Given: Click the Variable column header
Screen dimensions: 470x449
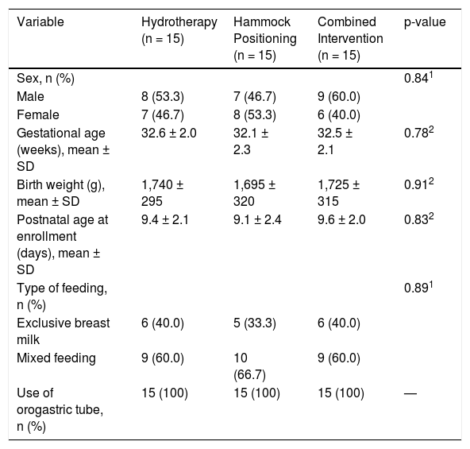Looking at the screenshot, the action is point(40,22).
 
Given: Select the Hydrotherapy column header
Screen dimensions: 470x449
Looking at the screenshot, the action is point(179,30).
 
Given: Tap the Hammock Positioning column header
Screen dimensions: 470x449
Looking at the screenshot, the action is point(265,38).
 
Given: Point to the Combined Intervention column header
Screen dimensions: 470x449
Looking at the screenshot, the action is point(350,38).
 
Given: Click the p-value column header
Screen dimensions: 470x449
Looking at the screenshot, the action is point(425,22).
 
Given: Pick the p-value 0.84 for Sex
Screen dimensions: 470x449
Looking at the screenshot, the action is point(418,78).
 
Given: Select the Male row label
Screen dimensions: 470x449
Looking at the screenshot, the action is point(30,97).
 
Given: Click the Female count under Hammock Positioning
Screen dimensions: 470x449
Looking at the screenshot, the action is point(255,115).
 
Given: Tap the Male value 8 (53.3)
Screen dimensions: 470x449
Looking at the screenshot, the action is point(163,97).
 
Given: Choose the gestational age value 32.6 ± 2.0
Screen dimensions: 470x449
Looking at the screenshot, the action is point(169,133).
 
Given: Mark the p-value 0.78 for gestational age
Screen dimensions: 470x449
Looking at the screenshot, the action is point(418,133).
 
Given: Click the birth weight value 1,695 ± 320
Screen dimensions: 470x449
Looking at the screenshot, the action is point(255,192).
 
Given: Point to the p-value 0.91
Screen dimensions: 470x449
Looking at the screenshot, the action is point(418,184).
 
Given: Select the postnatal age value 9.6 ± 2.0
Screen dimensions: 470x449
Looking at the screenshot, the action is point(341,219).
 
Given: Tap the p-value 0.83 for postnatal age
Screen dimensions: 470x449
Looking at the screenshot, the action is point(418,219).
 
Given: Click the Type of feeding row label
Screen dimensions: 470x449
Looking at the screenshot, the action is point(62,296).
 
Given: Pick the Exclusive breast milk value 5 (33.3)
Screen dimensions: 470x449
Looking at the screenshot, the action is point(255,323).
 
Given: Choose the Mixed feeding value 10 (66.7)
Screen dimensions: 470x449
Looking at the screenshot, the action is point(249,366).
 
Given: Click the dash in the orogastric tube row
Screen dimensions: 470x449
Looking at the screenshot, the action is point(410,393).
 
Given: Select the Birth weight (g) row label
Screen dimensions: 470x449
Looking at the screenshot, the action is point(61,193).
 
